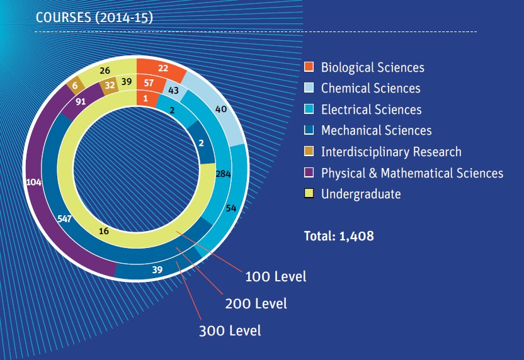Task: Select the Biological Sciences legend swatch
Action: pyautogui.click(x=309, y=67)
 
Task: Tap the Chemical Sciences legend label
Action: pyautogui.click(x=370, y=88)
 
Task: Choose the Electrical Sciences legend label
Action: pyautogui.click(x=371, y=110)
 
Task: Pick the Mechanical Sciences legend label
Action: pyautogui.click(x=376, y=130)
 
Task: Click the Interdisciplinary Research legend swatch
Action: pyautogui.click(x=309, y=152)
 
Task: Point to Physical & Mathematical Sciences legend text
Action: pyautogui.click(x=412, y=172)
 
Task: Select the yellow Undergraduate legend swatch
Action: pyautogui.click(x=309, y=194)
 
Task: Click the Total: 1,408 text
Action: pyautogui.click(x=339, y=236)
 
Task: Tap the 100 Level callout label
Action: pyautogui.click(x=276, y=276)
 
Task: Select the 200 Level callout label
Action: pyautogui.click(x=256, y=303)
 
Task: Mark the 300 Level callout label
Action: pyautogui.click(x=230, y=330)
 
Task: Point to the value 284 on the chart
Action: pyautogui.click(x=224, y=174)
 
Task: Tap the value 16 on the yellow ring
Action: pyautogui.click(x=104, y=231)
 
